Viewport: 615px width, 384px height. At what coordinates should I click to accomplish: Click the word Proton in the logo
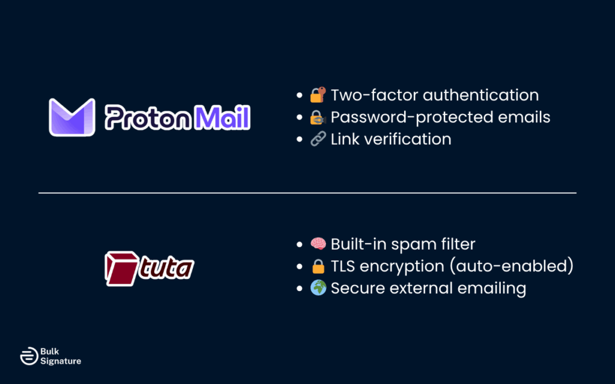click(x=147, y=118)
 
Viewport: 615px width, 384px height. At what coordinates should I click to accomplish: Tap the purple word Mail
click(x=221, y=118)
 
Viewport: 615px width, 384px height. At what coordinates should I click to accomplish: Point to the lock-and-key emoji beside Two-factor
click(x=317, y=95)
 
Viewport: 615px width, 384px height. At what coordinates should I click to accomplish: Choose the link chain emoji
click(x=317, y=139)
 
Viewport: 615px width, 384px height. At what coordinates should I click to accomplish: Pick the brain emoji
click(x=317, y=244)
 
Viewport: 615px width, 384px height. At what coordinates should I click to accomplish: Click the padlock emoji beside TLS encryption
click(x=317, y=266)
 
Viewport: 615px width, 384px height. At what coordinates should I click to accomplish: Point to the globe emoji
click(x=317, y=288)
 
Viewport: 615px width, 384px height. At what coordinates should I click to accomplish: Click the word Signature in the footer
click(x=61, y=361)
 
